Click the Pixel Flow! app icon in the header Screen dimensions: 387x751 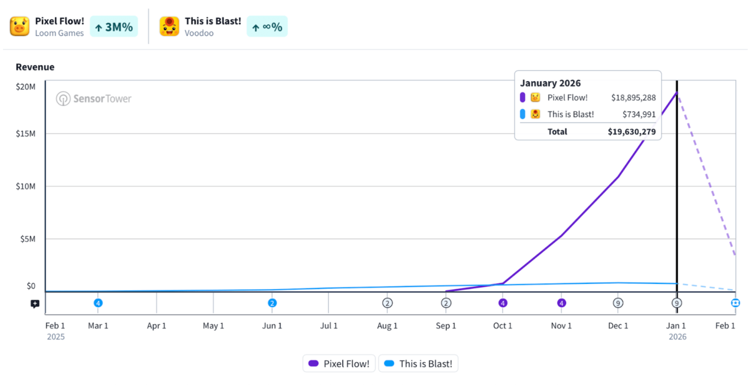[x=20, y=26]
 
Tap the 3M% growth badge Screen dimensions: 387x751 [x=114, y=27]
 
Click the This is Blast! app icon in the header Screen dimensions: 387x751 [x=169, y=26]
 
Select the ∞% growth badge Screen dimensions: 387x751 [x=267, y=27]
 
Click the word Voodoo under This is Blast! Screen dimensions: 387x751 [x=199, y=33]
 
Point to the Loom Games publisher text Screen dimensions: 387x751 [x=59, y=33]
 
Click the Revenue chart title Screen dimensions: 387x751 [x=35, y=67]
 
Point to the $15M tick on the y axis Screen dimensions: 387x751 [x=26, y=134]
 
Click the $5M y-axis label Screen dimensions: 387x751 [x=28, y=239]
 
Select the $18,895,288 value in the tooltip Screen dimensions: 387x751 [x=633, y=98]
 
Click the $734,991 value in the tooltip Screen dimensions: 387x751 [x=639, y=114]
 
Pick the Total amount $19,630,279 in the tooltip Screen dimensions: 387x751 [x=632, y=132]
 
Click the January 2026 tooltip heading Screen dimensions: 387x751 [x=550, y=83]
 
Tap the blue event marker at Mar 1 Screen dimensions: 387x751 [x=98, y=303]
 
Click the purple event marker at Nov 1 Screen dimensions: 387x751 [x=561, y=303]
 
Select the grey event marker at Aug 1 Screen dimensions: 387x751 [x=387, y=303]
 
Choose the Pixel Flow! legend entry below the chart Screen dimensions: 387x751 [x=339, y=363]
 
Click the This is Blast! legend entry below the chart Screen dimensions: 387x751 [x=418, y=363]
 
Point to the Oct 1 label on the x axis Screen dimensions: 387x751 [x=503, y=325]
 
